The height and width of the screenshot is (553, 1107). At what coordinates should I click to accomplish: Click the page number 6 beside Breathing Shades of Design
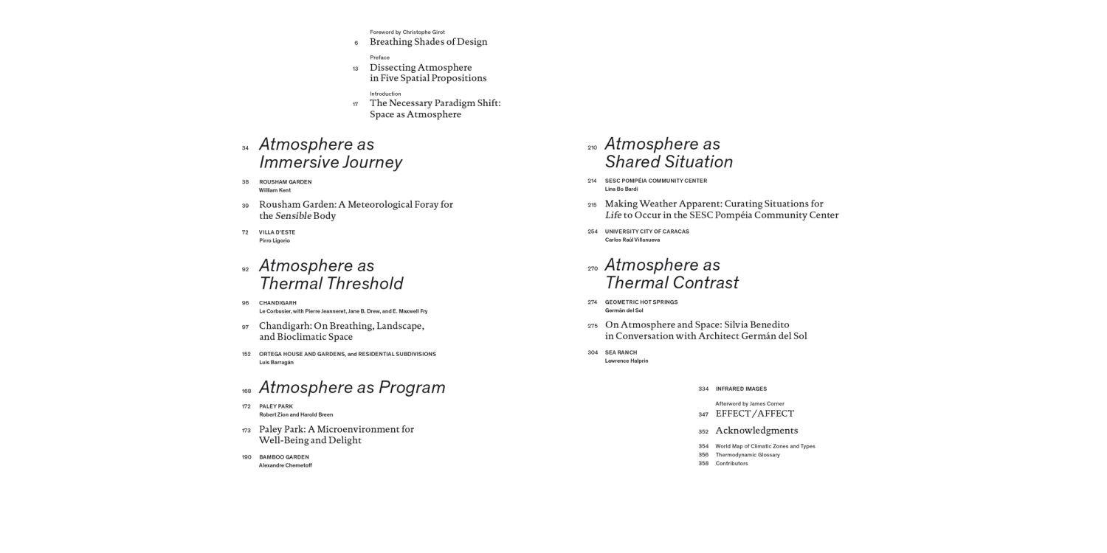356,43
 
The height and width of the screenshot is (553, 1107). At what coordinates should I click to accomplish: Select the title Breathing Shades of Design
428,42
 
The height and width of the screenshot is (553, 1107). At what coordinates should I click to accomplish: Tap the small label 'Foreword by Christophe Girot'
407,32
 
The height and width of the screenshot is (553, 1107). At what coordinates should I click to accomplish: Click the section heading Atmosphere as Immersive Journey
330,153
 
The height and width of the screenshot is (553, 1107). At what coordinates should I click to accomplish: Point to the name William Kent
275,190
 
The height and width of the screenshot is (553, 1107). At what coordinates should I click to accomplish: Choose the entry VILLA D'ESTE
277,232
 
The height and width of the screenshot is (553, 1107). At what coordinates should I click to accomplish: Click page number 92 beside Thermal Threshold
245,269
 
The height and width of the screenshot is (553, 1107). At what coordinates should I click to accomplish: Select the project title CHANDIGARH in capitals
277,303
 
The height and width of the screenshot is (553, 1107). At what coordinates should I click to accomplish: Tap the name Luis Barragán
276,363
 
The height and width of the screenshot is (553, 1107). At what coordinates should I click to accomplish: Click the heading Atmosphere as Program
352,387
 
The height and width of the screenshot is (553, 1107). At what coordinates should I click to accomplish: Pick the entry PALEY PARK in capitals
275,406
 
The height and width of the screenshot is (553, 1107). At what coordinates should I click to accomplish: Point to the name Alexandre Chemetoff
285,465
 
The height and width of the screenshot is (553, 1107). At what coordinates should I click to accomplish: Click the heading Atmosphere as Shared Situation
669,153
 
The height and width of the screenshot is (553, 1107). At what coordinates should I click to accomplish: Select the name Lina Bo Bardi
621,189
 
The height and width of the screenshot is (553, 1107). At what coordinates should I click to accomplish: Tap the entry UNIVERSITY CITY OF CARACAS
646,232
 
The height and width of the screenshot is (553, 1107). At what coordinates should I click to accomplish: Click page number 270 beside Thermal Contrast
593,268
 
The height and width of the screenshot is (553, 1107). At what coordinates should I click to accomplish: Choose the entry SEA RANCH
621,352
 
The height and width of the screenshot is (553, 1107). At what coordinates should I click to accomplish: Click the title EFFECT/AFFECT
754,414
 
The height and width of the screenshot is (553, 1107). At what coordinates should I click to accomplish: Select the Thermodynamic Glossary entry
747,455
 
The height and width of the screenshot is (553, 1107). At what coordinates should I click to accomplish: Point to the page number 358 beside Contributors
703,464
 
